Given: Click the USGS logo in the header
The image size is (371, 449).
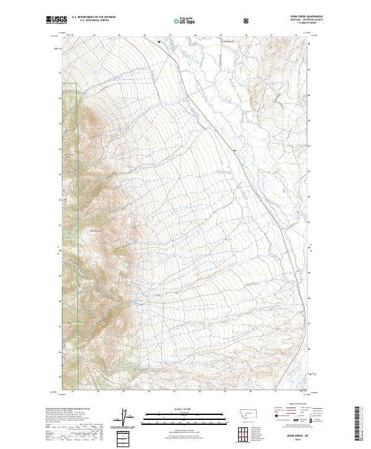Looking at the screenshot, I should click(x=56, y=20).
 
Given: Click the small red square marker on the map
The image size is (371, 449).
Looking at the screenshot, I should click(x=234, y=149).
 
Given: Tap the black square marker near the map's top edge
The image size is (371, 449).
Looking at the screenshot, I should click(x=159, y=41).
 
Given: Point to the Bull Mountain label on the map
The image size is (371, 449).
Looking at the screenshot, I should click(x=96, y=231).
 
